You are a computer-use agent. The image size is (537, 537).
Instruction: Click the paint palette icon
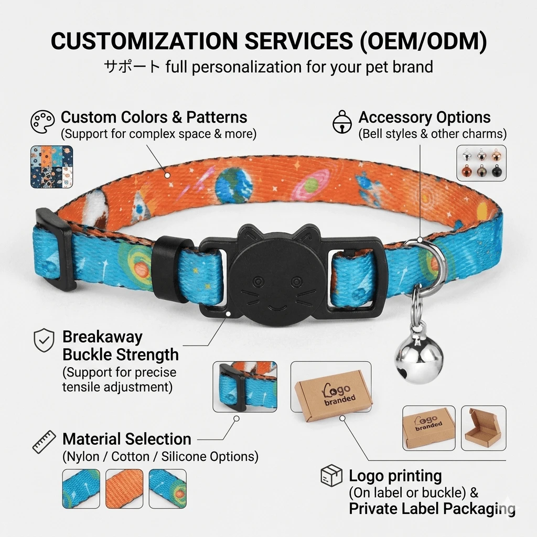(42, 122)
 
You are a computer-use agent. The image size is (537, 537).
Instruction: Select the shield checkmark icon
(44, 340)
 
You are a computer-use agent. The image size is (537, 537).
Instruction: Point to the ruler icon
(44, 442)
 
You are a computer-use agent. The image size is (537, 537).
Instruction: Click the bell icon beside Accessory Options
(342, 122)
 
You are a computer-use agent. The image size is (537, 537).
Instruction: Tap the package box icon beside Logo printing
(331, 475)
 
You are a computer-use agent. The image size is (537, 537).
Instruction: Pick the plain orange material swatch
(124, 489)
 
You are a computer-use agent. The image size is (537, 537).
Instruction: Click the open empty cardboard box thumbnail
(483, 428)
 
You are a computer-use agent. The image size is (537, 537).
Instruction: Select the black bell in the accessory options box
(496, 170)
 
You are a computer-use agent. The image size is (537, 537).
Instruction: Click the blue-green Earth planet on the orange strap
(233, 185)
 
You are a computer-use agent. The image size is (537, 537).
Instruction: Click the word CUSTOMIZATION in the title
(144, 41)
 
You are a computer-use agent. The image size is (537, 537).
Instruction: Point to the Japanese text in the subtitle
(132, 67)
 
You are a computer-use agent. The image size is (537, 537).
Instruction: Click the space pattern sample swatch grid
(52, 166)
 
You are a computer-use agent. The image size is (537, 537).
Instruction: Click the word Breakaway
(102, 337)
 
